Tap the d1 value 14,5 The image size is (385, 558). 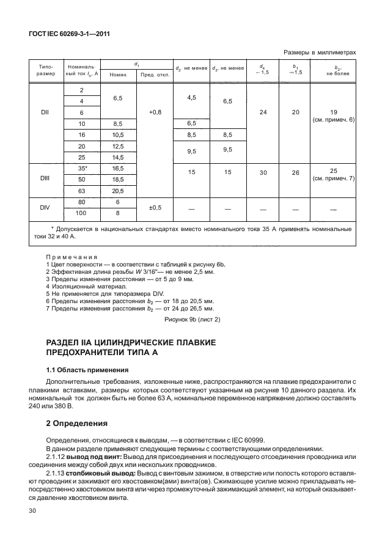point(118,157)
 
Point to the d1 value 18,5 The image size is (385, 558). point(118,179)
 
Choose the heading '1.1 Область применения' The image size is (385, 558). point(87,370)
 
